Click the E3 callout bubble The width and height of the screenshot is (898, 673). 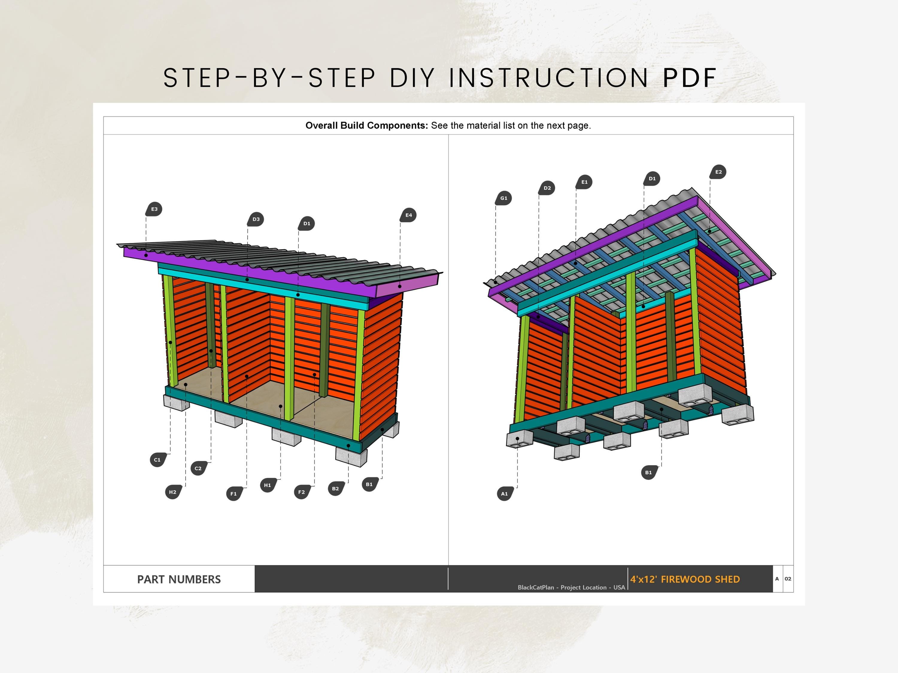154,209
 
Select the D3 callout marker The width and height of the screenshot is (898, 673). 256,219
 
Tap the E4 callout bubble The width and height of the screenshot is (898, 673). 408,215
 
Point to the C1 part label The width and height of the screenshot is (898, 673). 157,460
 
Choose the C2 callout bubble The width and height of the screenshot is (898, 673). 198,468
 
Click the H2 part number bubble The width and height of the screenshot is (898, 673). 173,492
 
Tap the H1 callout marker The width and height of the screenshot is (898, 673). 268,485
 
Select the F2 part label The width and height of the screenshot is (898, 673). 302,492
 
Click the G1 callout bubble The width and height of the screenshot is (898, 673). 503,198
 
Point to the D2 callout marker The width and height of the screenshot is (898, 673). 547,188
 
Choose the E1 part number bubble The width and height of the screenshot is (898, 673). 584,182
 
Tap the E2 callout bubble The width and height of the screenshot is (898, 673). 718,172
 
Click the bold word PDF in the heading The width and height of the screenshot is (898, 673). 689,78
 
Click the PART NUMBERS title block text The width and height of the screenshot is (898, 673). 179,579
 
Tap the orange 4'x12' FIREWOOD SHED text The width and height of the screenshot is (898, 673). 685,579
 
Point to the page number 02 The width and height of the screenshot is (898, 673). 788,579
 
